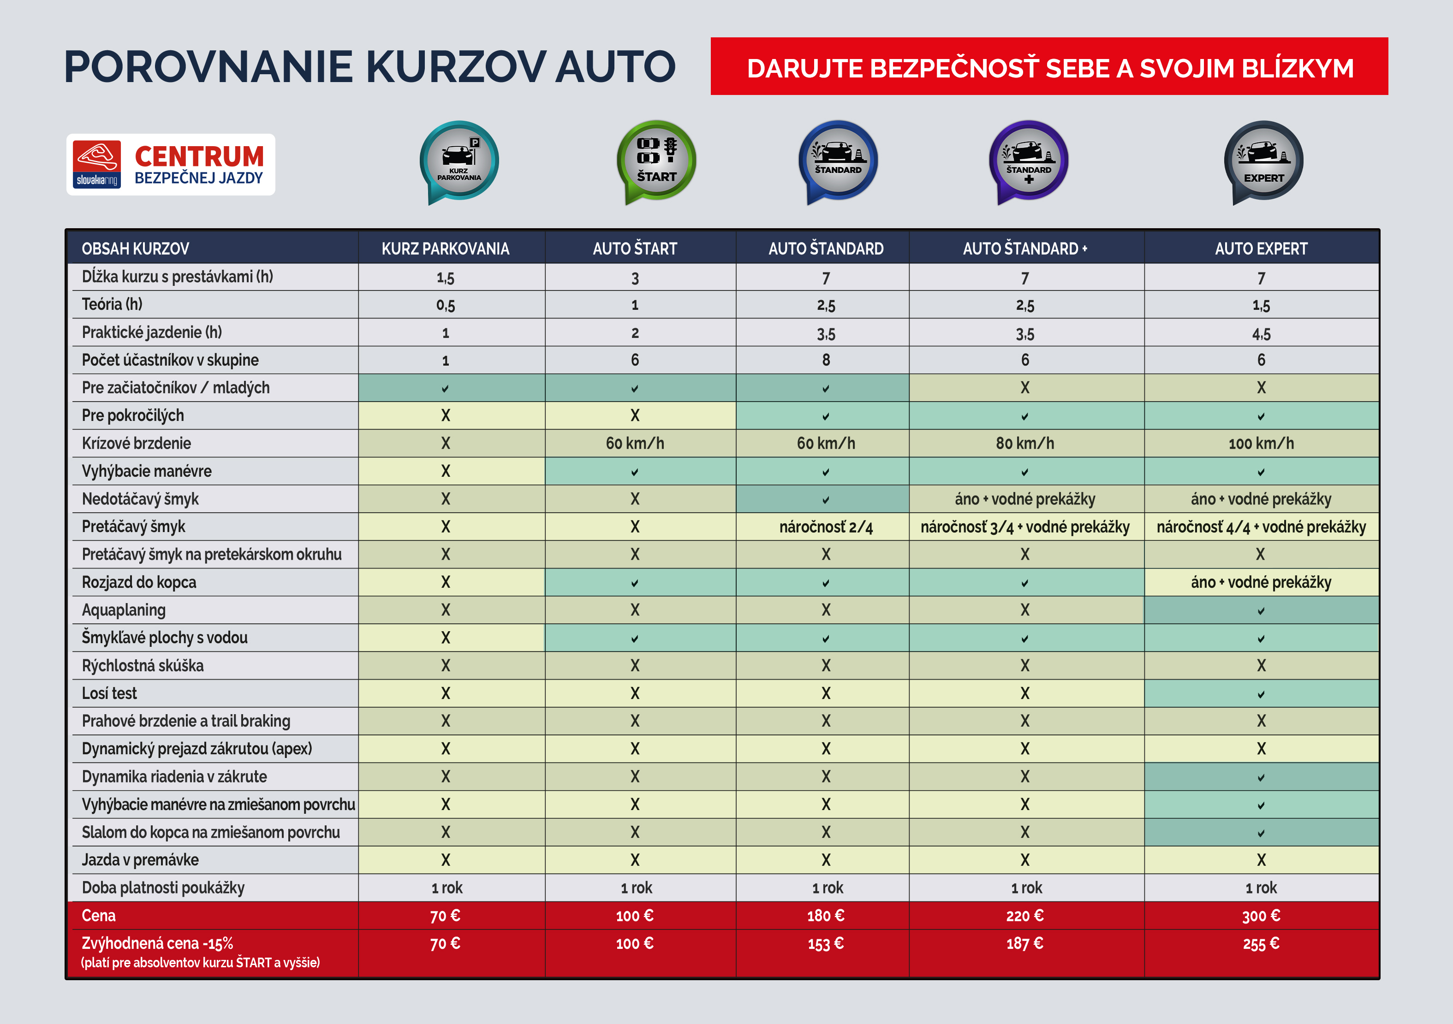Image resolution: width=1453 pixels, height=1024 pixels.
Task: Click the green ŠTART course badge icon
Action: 656,160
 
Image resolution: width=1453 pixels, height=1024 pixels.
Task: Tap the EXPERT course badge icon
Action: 1263,160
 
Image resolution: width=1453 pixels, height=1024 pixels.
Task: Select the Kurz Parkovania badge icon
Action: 459,160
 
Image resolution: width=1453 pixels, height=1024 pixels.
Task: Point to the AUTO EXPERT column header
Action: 1261,249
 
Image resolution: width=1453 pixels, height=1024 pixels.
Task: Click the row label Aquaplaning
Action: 124,610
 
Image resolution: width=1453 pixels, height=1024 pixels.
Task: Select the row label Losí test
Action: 109,693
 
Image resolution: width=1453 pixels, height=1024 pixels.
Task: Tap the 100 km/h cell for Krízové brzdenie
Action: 1261,444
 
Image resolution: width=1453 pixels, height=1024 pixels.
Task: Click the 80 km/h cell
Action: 1024,444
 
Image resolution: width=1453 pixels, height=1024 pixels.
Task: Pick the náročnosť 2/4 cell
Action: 825,527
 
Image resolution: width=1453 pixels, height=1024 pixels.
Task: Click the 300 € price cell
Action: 1261,916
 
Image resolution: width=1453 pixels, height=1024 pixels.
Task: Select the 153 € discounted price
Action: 825,944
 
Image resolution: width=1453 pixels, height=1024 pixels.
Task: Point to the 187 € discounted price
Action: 1024,944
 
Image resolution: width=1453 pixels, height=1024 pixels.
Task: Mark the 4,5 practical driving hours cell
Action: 1261,333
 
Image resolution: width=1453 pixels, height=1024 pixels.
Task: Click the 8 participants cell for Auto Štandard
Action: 825,360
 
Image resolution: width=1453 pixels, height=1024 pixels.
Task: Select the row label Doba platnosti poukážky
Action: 163,888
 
